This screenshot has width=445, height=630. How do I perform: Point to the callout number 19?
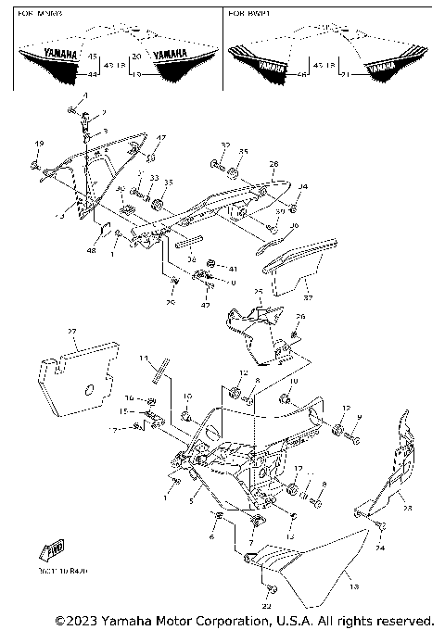pos(38,144)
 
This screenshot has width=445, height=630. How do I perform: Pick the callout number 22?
pos(268,605)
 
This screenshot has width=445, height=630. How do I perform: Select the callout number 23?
pos(405,507)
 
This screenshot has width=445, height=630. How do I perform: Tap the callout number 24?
pos(379,548)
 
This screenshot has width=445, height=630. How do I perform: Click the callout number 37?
pos(308,298)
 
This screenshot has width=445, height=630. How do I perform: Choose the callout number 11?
pos(144,358)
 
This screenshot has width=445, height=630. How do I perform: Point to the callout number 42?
pos(206,304)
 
